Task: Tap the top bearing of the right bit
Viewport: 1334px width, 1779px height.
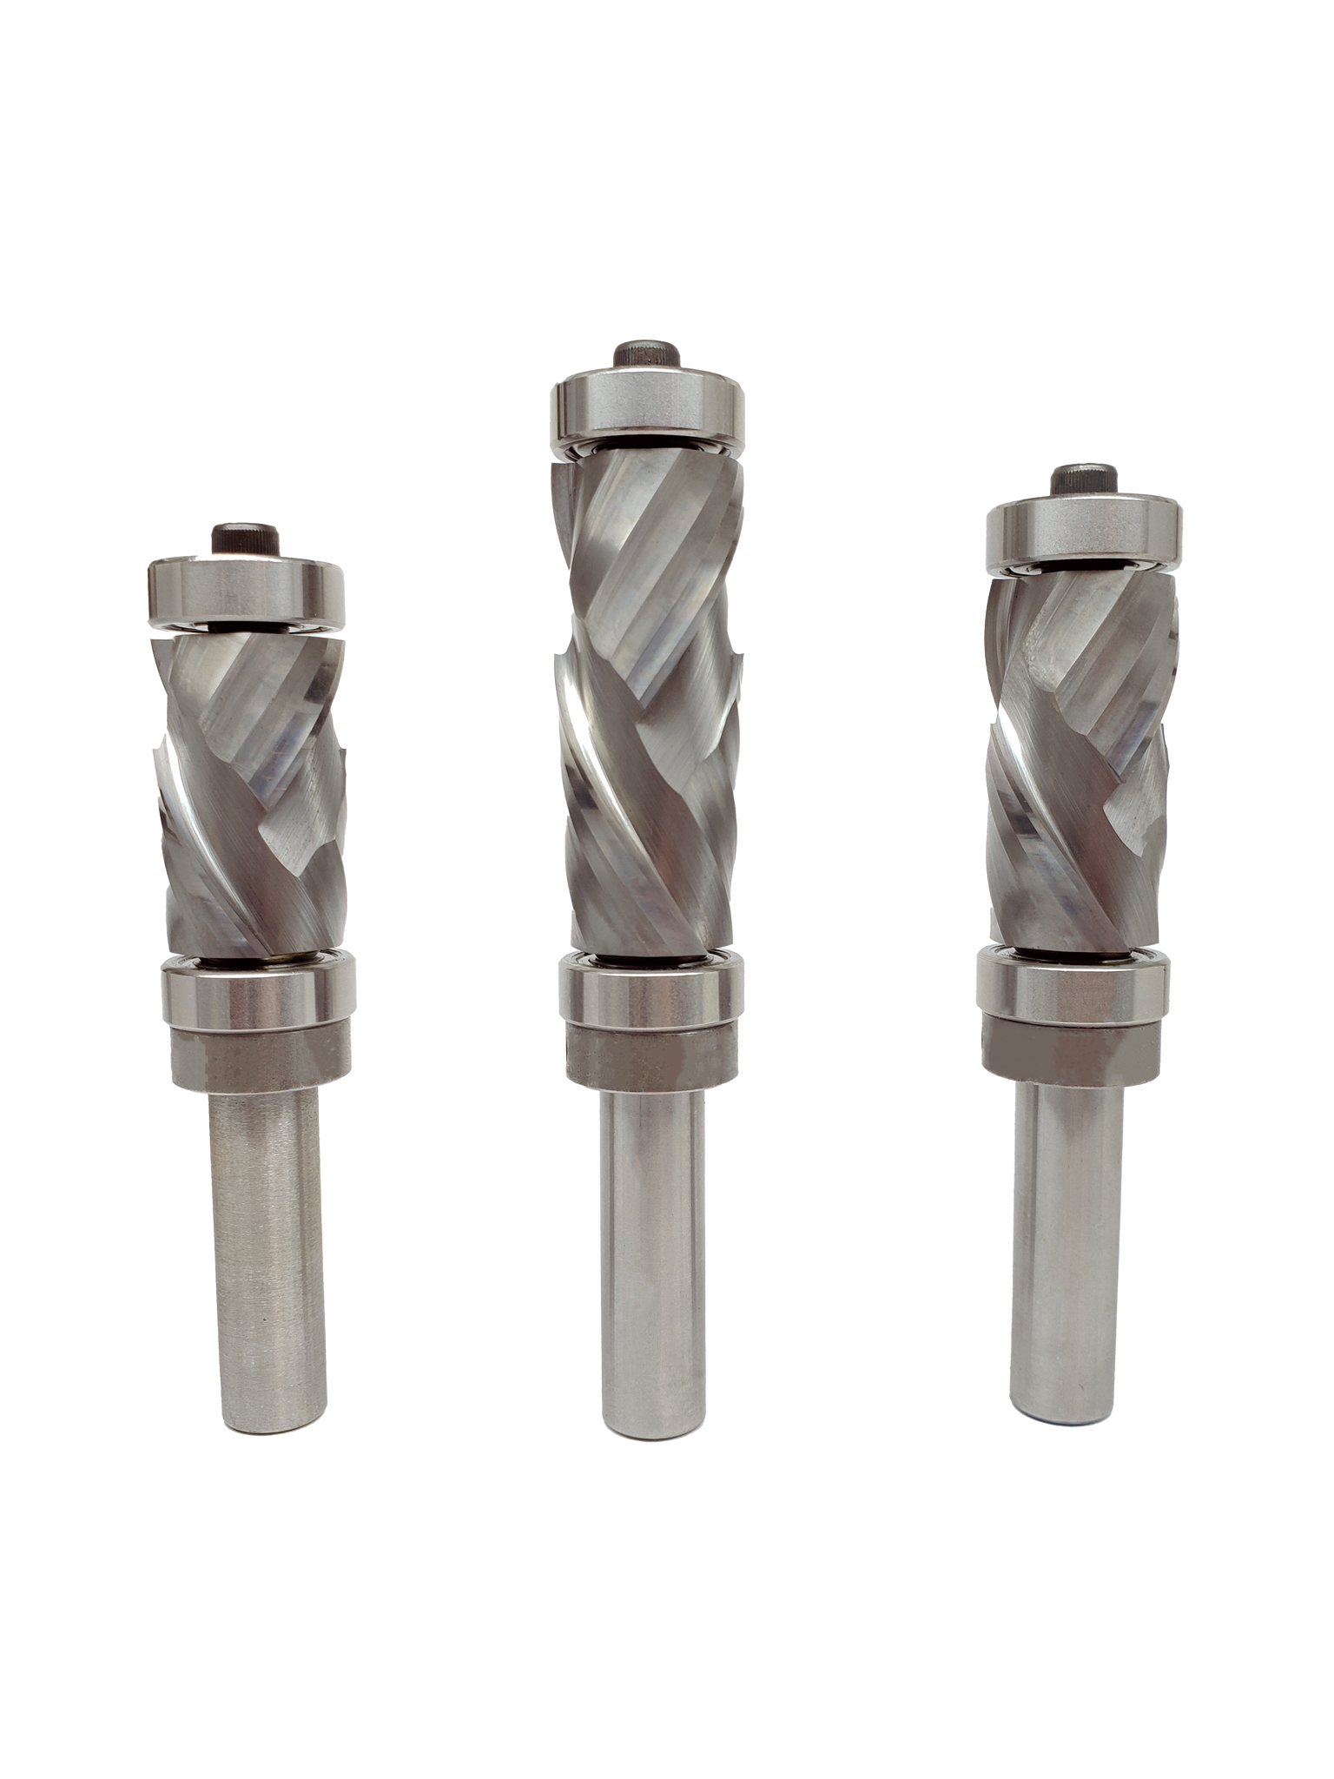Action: click(x=1084, y=533)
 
